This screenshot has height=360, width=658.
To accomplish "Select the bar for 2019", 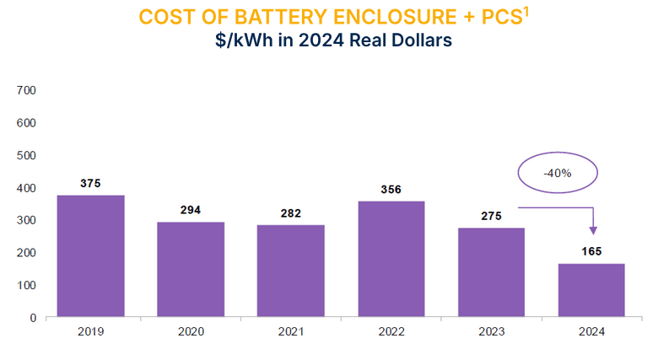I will click(90, 256).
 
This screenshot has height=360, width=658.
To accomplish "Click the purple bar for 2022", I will click(391, 259).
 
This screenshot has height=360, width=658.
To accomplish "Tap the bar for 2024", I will click(591, 290).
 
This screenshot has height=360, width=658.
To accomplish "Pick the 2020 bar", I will click(191, 270).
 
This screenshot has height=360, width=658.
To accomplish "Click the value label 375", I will click(90, 183).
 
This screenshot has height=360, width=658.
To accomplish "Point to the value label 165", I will click(591, 251).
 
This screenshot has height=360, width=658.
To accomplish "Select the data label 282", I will click(290, 212).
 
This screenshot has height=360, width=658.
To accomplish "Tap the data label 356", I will click(391, 189).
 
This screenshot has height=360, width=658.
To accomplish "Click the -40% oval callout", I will click(557, 174).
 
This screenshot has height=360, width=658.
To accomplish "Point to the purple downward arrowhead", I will click(593, 229).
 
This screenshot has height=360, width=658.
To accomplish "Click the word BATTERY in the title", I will click(271, 18).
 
